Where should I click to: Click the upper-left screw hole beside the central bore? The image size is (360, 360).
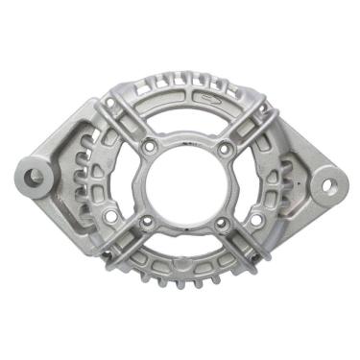[x=150, y=148]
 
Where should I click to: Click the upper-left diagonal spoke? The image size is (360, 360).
[x=123, y=120]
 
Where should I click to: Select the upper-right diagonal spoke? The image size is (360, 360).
[x=252, y=120]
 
